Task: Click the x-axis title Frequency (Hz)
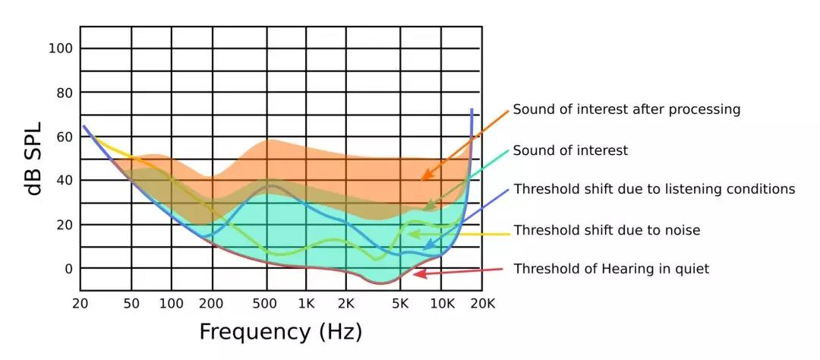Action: tap(281, 332)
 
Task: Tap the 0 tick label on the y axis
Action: tap(69, 269)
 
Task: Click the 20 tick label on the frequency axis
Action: tap(80, 303)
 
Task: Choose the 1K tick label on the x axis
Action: tap(306, 303)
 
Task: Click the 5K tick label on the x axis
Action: tap(400, 303)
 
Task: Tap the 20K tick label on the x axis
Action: tap(481, 303)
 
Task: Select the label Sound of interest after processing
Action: tap(626, 109)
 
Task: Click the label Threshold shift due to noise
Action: tap(607, 229)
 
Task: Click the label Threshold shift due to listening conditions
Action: tap(654, 189)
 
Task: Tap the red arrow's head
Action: tap(415, 274)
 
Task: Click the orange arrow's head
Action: tap(423, 178)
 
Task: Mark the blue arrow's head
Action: tap(424, 248)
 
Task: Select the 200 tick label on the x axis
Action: tap(211, 303)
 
